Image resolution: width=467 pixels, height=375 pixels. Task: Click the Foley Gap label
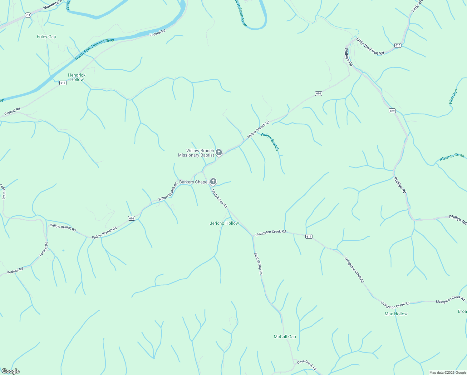(47, 37)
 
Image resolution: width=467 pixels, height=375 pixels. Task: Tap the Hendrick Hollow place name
(77, 77)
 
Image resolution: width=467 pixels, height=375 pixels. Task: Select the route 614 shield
(28, 15)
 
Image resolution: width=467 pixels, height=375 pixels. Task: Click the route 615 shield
(63, 83)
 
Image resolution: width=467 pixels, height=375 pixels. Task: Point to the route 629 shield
(392, 111)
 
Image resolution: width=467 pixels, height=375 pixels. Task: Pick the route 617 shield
(309, 236)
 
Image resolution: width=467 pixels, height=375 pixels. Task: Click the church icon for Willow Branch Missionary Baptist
(219, 152)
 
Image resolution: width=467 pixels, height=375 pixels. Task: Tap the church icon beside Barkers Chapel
(213, 182)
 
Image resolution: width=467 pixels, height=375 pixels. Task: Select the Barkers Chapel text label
(194, 182)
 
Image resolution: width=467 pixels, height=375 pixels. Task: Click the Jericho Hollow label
(224, 223)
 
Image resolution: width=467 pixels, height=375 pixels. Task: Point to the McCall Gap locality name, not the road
(285, 337)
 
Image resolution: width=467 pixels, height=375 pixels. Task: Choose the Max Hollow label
(396, 314)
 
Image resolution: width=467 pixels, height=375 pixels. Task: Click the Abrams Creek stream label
(452, 157)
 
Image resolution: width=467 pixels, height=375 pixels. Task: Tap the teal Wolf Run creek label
(453, 97)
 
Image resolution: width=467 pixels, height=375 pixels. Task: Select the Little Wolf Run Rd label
(370, 47)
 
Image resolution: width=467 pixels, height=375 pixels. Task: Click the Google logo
(10, 371)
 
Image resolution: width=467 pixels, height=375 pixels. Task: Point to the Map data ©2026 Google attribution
(447, 372)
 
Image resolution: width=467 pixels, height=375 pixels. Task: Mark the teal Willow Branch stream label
(270, 142)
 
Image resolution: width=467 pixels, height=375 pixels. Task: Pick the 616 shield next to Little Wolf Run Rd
(397, 45)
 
